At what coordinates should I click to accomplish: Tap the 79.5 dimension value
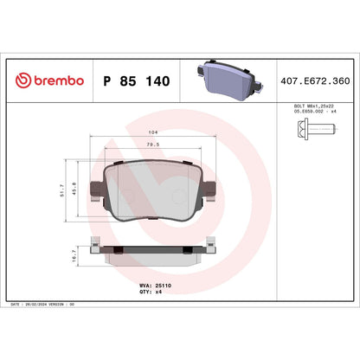[153, 146]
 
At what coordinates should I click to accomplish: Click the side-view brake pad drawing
[153, 254]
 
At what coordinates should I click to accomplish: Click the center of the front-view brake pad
[153, 189]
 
